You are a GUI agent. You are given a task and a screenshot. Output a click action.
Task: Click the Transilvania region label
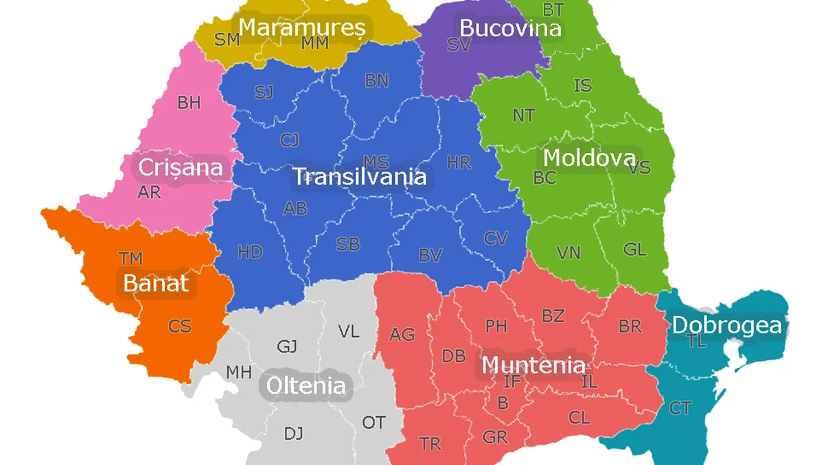(360, 177)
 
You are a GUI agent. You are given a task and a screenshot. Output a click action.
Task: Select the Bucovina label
(510, 28)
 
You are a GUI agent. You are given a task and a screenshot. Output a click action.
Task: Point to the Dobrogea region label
(726, 325)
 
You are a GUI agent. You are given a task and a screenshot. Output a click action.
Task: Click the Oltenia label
(306, 385)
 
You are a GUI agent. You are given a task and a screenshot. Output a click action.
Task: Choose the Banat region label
(156, 283)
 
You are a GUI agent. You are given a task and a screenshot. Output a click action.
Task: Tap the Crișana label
(181, 167)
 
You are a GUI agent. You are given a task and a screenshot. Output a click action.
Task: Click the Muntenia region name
(533, 365)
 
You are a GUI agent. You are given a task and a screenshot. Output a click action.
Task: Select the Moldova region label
(589, 158)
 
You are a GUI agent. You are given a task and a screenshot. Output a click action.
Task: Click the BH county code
(189, 103)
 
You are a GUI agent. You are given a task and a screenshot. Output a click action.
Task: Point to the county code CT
(680, 409)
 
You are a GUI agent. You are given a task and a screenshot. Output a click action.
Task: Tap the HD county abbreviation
(250, 252)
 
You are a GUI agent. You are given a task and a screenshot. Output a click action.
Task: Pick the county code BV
(430, 256)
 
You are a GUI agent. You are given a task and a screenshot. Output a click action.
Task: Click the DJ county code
(293, 433)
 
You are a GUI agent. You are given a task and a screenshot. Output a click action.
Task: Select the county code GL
(634, 249)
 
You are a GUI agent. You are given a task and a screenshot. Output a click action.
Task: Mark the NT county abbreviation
(523, 115)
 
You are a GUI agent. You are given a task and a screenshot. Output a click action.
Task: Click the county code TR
(430, 444)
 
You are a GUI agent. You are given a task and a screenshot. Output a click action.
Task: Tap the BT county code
(553, 10)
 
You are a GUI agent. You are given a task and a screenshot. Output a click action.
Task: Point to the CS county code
(180, 326)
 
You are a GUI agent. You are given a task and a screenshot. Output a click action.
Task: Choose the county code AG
(402, 335)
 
